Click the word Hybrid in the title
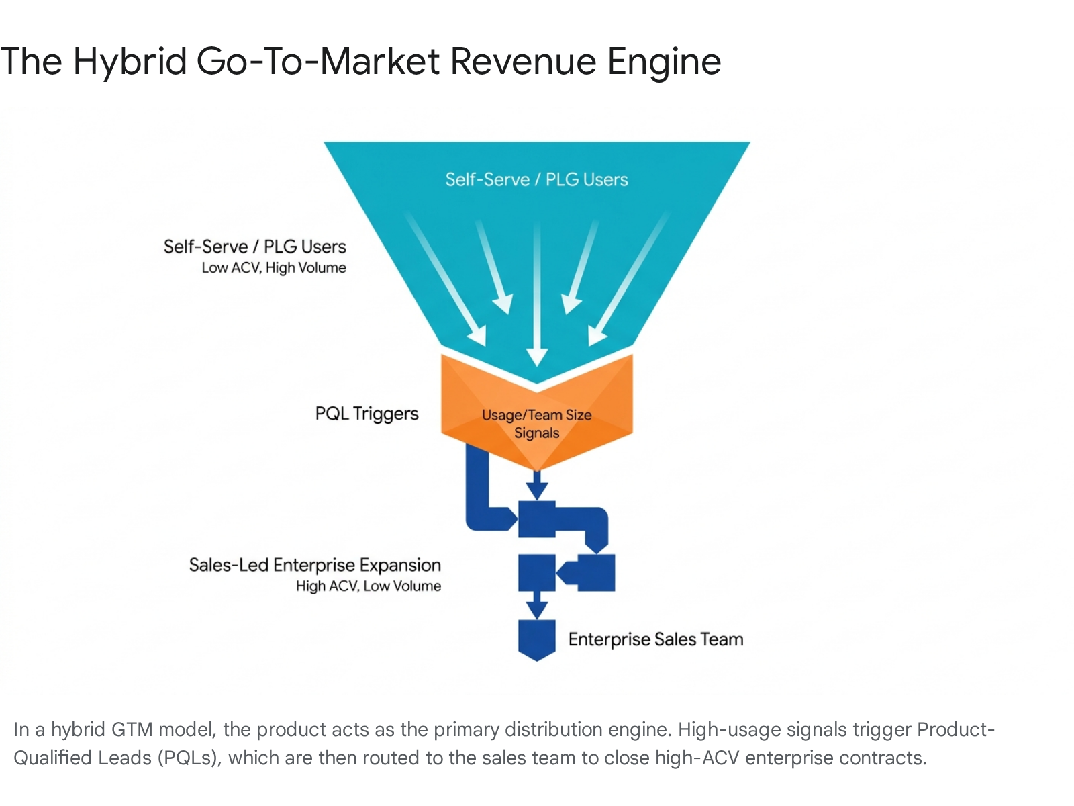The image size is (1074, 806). [x=130, y=62]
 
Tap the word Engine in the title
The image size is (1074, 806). [x=664, y=62]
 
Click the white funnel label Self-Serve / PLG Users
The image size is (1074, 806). [x=536, y=179]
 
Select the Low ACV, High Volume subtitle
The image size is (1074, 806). [x=273, y=268]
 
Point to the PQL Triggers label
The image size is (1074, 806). [x=367, y=414]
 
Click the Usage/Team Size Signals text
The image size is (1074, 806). [x=537, y=424]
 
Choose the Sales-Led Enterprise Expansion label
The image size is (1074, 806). [x=315, y=565]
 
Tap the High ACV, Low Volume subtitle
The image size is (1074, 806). [x=369, y=586]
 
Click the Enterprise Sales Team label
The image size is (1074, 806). [x=656, y=639]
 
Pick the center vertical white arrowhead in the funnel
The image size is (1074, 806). [x=537, y=356]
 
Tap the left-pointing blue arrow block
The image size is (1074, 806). [x=586, y=572]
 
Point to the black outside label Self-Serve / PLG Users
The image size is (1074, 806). [x=254, y=247]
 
